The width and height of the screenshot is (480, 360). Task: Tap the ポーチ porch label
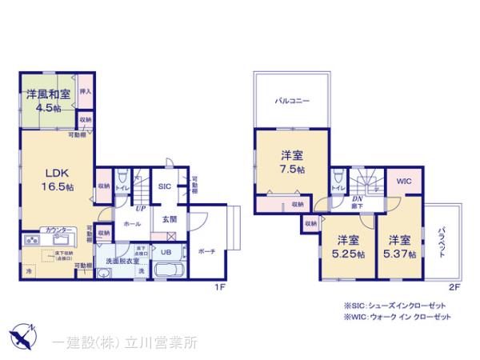click(206, 250)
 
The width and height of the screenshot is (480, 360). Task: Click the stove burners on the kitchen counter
click(33, 239)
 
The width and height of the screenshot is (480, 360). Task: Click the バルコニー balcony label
click(293, 102)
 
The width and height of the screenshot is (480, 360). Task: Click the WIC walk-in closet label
click(403, 182)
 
